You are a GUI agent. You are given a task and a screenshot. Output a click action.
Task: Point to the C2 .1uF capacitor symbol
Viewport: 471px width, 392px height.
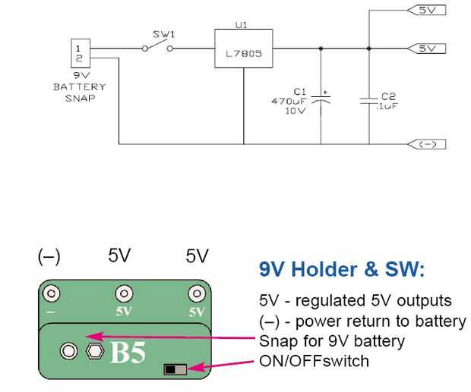click(x=370, y=100)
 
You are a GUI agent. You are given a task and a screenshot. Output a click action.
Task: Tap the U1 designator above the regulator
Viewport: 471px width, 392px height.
click(x=242, y=25)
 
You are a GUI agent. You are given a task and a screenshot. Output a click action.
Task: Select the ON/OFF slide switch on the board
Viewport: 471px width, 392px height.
click(x=175, y=369)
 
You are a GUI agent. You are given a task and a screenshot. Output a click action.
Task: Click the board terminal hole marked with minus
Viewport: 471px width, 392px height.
click(x=52, y=293)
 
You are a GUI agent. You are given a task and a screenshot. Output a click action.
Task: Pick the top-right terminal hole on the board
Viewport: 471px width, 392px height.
click(x=197, y=293)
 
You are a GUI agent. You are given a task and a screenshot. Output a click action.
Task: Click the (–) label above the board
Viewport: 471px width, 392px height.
click(x=49, y=256)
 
